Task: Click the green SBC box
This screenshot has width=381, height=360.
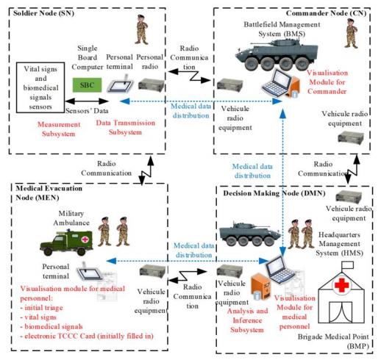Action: (x=87, y=85)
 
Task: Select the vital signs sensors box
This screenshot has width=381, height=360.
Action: (x=40, y=87)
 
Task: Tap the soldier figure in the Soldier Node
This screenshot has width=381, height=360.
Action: (x=141, y=29)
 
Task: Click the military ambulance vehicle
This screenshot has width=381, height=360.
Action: (x=66, y=242)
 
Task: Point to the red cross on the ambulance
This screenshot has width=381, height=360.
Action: (x=85, y=239)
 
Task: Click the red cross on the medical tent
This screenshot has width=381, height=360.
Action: (x=341, y=285)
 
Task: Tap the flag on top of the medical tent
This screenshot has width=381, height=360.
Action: (x=348, y=265)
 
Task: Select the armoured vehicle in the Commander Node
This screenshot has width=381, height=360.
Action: (x=277, y=54)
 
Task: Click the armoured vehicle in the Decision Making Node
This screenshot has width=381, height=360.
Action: (x=249, y=234)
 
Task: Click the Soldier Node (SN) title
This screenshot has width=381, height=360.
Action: (x=43, y=13)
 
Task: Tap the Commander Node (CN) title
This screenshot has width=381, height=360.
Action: (x=326, y=13)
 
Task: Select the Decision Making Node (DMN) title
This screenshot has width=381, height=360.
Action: (x=274, y=193)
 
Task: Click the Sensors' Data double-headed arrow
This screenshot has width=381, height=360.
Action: (x=87, y=101)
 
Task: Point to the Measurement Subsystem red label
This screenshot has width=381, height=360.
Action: (x=59, y=129)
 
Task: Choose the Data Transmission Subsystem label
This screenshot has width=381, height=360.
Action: (x=125, y=127)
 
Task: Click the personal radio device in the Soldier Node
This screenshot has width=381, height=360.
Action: (x=151, y=85)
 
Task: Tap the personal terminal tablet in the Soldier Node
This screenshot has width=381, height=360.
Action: (x=121, y=84)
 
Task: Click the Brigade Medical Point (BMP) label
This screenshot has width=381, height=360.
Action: (x=333, y=342)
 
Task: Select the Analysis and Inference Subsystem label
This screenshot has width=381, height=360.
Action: (x=247, y=320)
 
